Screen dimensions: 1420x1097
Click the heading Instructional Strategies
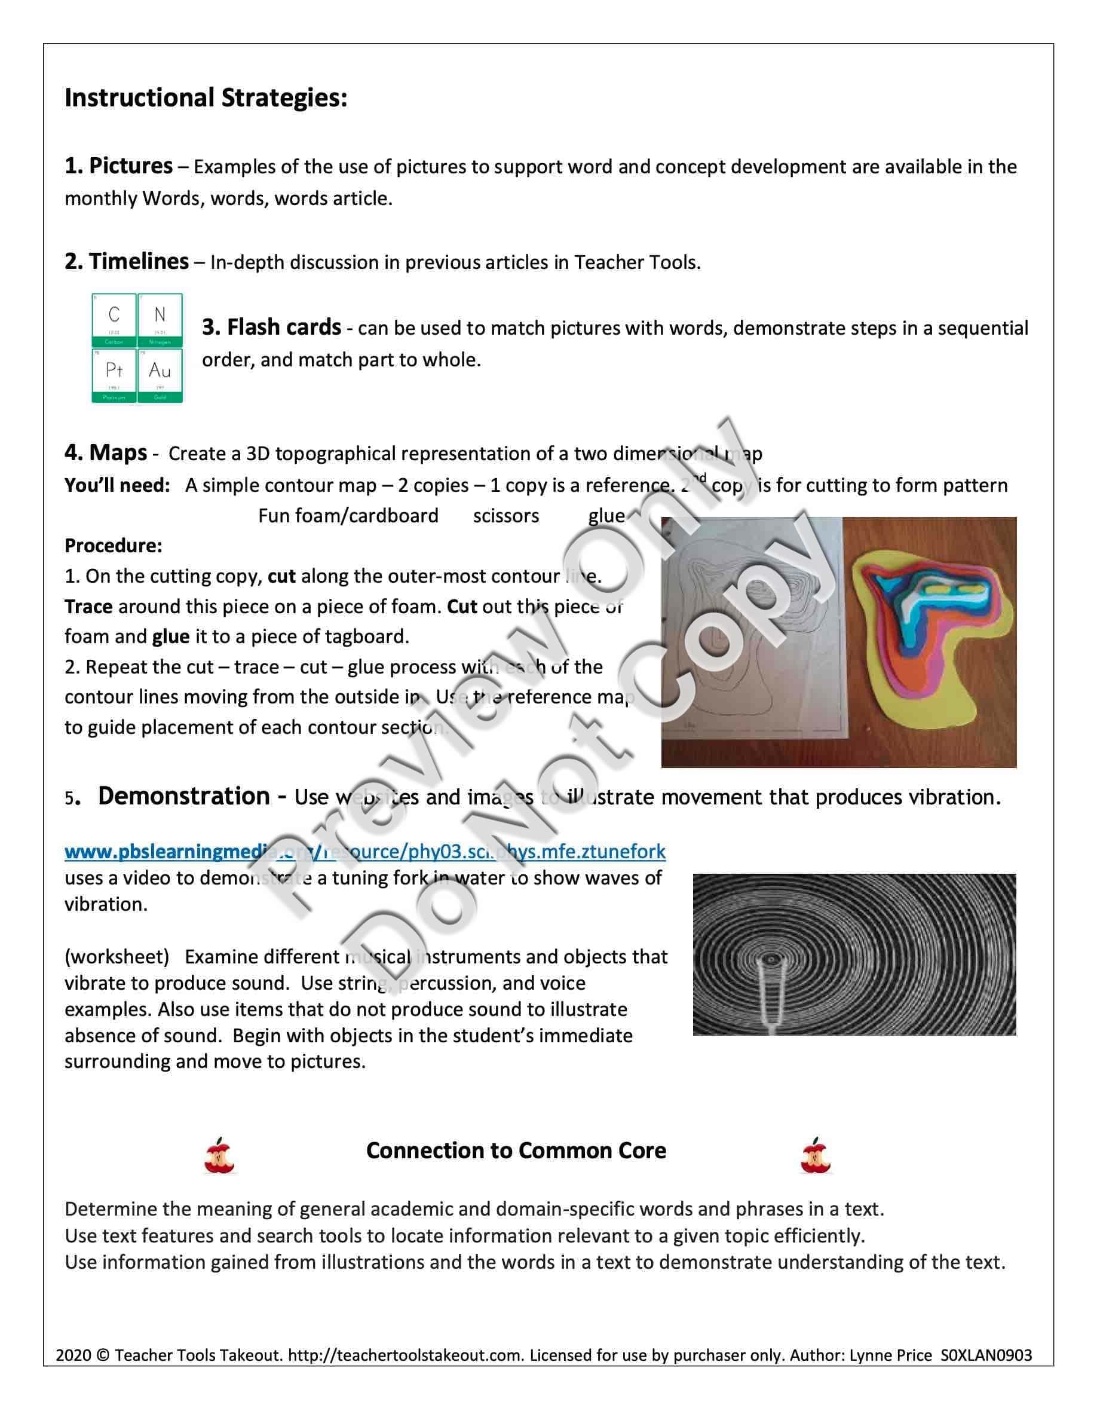click(206, 98)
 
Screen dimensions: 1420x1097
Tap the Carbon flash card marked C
click(114, 319)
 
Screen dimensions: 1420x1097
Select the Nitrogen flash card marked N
click(160, 319)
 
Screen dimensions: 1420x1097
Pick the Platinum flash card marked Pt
click(114, 375)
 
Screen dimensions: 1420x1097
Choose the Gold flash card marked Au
click(160, 375)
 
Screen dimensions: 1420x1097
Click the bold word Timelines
click(139, 261)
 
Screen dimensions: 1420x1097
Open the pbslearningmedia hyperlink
click(364, 851)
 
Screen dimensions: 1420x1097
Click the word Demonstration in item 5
click(184, 797)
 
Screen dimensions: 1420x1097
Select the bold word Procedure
click(113, 546)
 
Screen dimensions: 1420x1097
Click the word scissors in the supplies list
click(505, 516)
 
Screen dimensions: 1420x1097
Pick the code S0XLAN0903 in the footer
click(986, 1355)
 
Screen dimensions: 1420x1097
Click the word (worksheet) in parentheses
click(117, 956)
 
